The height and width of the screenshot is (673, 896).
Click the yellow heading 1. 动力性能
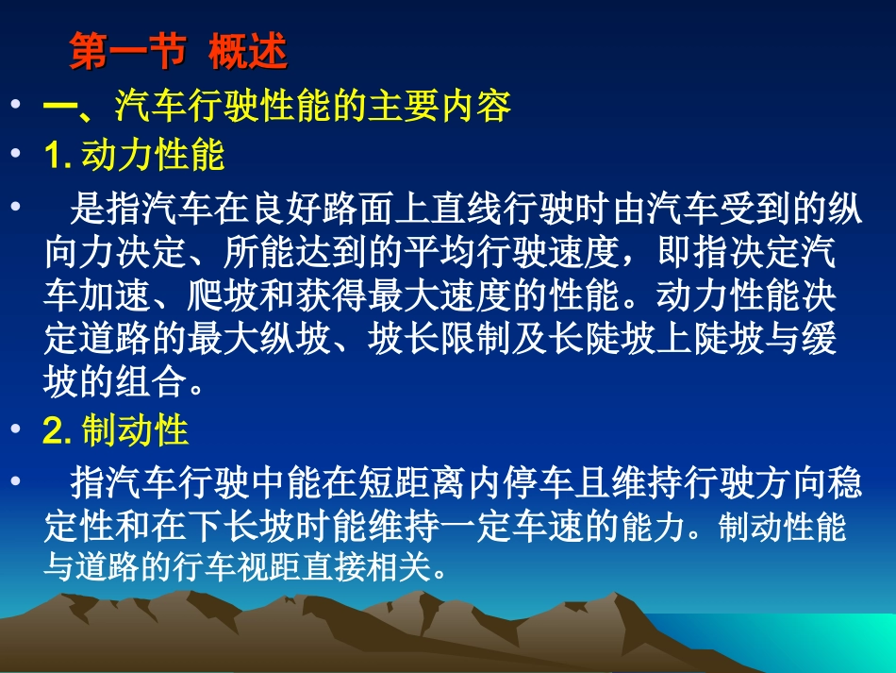tap(135, 155)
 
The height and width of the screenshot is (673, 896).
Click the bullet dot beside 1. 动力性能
tap(16, 155)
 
